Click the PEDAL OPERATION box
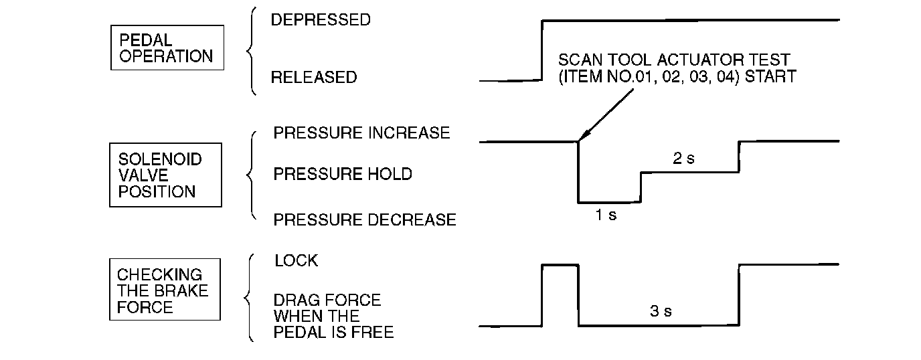point(167,48)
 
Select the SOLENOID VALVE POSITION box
point(165,175)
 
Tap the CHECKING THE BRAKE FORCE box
point(165,290)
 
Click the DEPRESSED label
point(320,20)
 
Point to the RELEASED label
point(313,78)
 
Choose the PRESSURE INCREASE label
point(361,132)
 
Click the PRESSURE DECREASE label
point(365,219)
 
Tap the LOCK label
point(296,261)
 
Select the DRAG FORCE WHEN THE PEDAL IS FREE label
point(333,316)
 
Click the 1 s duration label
point(606,215)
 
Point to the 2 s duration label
point(683,159)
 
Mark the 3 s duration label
point(661,311)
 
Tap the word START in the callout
point(770,77)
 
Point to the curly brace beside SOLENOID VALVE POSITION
point(252,175)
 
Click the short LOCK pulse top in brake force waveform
point(560,266)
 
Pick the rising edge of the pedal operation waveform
point(541,50)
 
